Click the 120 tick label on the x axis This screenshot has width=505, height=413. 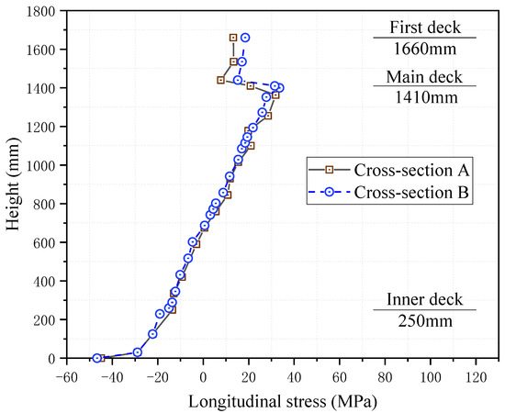click(x=475, y=376)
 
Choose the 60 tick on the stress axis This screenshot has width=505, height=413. click(x=339, y=376)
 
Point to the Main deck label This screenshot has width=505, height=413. click(x=424, y=75)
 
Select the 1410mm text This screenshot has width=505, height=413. click(x=424, y=96)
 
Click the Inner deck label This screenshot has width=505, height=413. click(x=424, y=298)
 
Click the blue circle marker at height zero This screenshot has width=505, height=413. click(x=97, y=358)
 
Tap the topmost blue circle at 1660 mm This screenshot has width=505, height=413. click(x=245, y=38)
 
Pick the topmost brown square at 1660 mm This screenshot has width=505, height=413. click(x=233, y=38)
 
